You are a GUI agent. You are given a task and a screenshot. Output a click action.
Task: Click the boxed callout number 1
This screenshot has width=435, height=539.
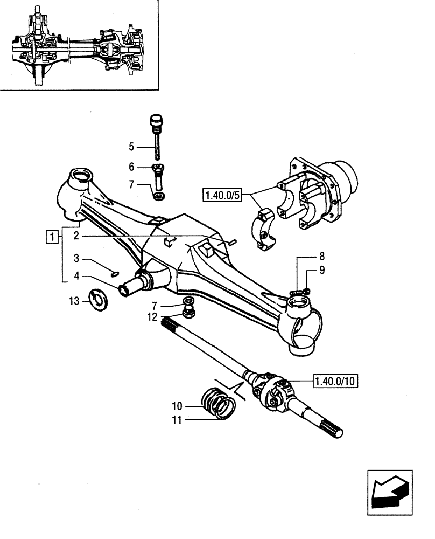[x=52, y=236]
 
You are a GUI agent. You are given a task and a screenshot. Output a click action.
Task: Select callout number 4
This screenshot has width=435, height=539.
[x=78, y=277]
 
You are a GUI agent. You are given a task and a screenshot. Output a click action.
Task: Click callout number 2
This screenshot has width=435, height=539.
[x=78, y=236]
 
